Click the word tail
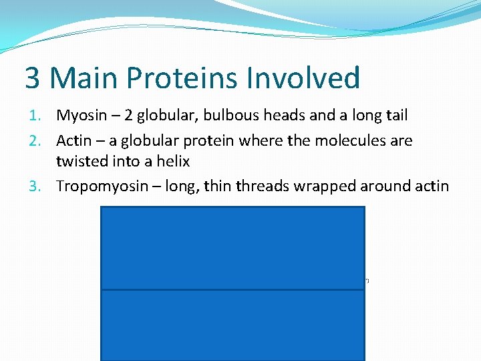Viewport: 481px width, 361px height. (x=395, y=116)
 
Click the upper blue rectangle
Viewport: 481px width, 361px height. (x=232, y=248)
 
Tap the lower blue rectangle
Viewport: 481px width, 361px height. (x=232, y=325)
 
